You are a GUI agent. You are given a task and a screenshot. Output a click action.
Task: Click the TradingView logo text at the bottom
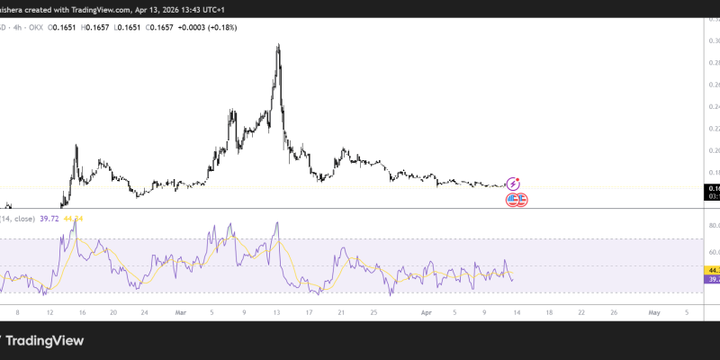pyautogui.click(x=47, y=341)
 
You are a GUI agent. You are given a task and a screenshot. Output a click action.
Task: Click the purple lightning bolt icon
pyautogui.click(x=514, y=183)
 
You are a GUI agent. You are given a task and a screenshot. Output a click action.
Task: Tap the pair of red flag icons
pyautogui.click(x=517, y=199)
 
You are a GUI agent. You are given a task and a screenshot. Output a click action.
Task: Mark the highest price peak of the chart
pyautogui.click(x=278, y=45)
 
